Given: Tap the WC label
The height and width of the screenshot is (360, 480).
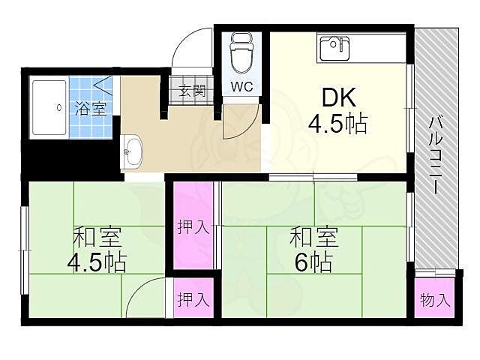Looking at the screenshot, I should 241,85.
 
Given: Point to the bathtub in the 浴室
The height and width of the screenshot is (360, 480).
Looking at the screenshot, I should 50,108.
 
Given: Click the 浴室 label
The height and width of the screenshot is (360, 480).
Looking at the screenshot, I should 90,107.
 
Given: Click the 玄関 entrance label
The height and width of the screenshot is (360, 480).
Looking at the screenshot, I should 191,91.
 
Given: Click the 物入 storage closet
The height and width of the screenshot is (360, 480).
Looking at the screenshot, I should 435,300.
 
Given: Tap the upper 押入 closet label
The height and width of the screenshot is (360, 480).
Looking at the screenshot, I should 193,226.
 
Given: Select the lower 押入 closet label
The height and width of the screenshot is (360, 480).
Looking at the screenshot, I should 193,299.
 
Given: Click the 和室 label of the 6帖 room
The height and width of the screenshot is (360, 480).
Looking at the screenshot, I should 313,238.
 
